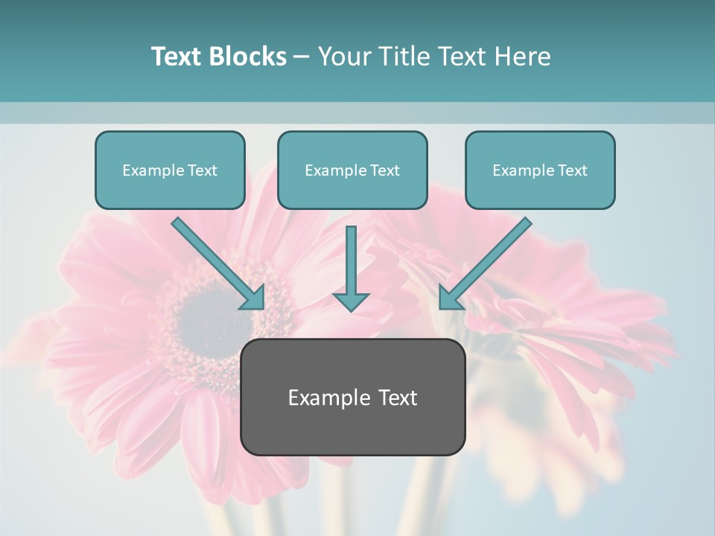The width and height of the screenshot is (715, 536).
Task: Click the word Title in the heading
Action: pyautogui.click(x=400, y=57)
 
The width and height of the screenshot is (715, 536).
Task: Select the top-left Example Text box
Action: pyautogui.click(x=170, y=170)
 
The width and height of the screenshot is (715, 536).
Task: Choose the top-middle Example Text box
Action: pyautogui.click(x=352, y=170)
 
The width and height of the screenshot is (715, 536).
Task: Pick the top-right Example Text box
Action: pyautogui.click(x=540, y=170)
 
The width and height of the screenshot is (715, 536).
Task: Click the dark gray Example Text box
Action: pyautogui.click(x=352, y=398)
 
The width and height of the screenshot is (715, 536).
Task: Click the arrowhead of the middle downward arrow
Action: pyautogui.click(x=351, y=301)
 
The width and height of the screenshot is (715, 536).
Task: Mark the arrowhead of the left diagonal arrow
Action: pyautogui.click(x=255, y=299)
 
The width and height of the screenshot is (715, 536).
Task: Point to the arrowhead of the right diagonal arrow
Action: pyautogui.click(x=448, y=299)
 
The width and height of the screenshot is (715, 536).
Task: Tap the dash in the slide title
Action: pyautogui.click(x=302, y=57)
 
